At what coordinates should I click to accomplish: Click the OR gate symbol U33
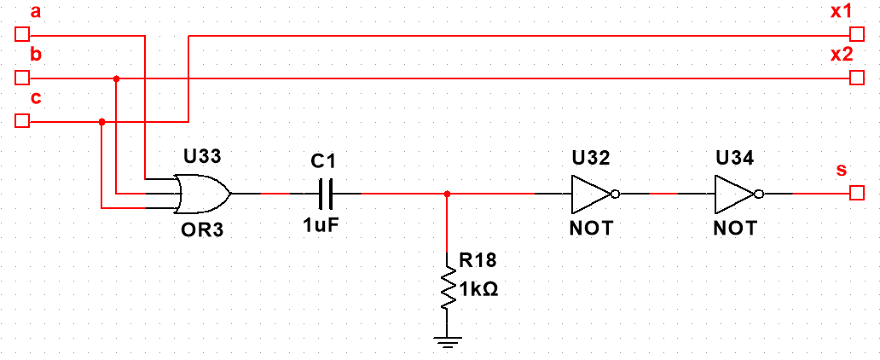(x=203, y=194)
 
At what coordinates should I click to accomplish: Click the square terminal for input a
(x=23, y=35)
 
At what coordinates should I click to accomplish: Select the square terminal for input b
(x=23, y=78)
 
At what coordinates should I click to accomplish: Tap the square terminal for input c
(x=23, y=121)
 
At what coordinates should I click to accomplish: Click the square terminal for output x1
(x=856, y=35)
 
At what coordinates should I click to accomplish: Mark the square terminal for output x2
(x=856, y=78)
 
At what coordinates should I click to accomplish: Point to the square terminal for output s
(x=856, y=194)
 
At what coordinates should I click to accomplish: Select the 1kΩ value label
(x=480, y=289)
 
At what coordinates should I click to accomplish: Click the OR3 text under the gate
(x=203, y=229)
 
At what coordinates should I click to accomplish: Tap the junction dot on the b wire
(x=116, y=78)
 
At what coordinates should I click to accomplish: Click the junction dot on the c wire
(x=101, y=121)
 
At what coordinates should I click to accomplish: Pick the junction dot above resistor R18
(x=446, y=194)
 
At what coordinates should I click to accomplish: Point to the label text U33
(x=203, y=158)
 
